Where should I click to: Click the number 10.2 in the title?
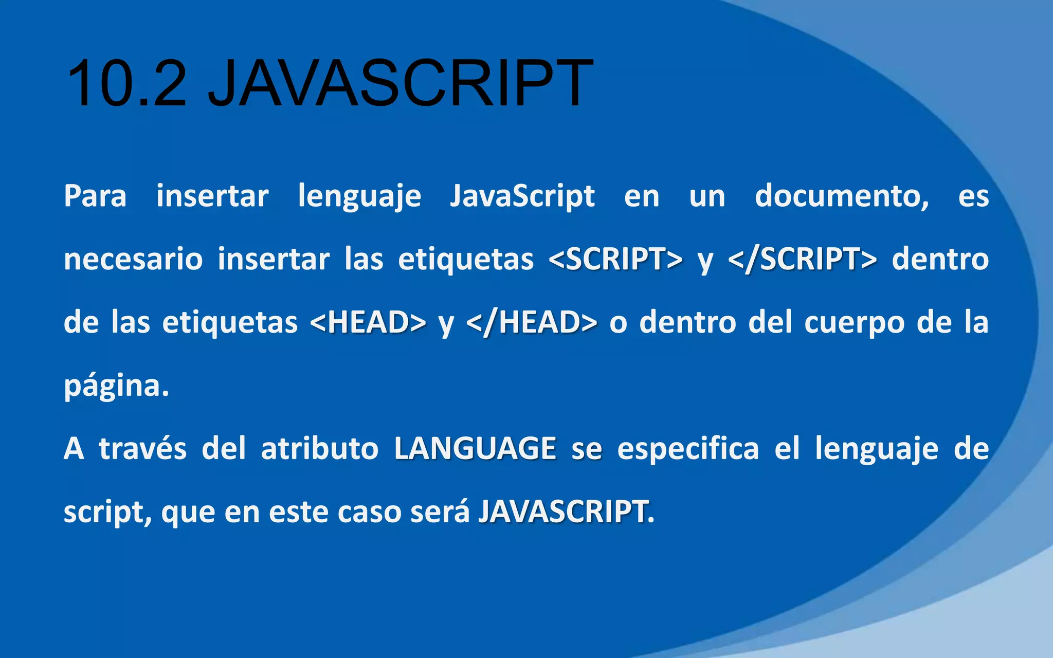point(126,83)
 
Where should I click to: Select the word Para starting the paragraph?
point(95,196)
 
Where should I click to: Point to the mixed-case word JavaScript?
point(522,196)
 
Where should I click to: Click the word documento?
point(841,196)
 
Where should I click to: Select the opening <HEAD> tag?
point(368,322)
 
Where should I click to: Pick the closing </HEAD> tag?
point(532,322)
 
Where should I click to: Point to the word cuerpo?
point(854,322)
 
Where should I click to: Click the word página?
point(116,386)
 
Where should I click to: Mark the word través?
point(143,448)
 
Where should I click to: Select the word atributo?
point(320,448)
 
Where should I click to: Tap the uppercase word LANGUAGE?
point(475,448)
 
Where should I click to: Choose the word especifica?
point(688,448)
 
